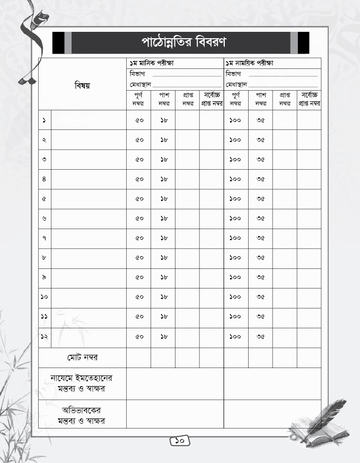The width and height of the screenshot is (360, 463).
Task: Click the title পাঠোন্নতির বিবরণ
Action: pos(181,42)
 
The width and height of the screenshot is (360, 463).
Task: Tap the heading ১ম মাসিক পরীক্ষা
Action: pos(152,63)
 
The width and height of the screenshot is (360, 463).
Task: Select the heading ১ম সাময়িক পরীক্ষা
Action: pos(249,63)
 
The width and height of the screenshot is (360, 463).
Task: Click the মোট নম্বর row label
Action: pos(82,357)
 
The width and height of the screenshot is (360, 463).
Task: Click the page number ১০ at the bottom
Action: pos(180,440)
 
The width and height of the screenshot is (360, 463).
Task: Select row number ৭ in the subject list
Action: pos(44,238)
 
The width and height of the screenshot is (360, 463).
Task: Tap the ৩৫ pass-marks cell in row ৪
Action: pos(260,179)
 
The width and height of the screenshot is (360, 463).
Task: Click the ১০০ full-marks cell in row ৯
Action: pos(235,277)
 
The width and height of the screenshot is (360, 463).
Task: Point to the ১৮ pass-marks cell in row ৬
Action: pos(163,219)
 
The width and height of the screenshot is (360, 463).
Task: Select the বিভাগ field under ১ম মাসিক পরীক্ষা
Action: pos(175,74)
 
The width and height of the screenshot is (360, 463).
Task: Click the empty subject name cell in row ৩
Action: pos(89,160)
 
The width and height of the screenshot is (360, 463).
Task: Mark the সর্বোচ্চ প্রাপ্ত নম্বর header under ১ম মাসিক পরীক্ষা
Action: pos(212,99)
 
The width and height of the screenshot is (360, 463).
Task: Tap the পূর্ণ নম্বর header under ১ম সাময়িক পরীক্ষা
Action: pos(236,99)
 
